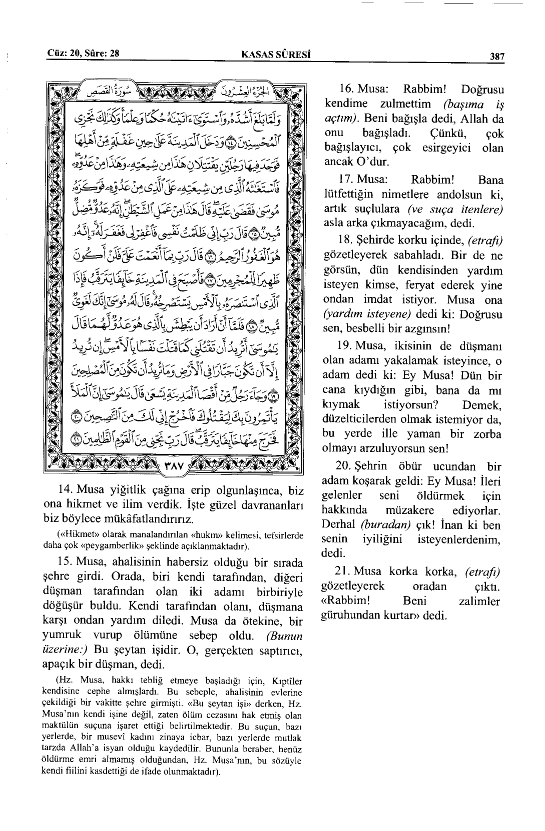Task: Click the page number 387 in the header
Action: point(497,56)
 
